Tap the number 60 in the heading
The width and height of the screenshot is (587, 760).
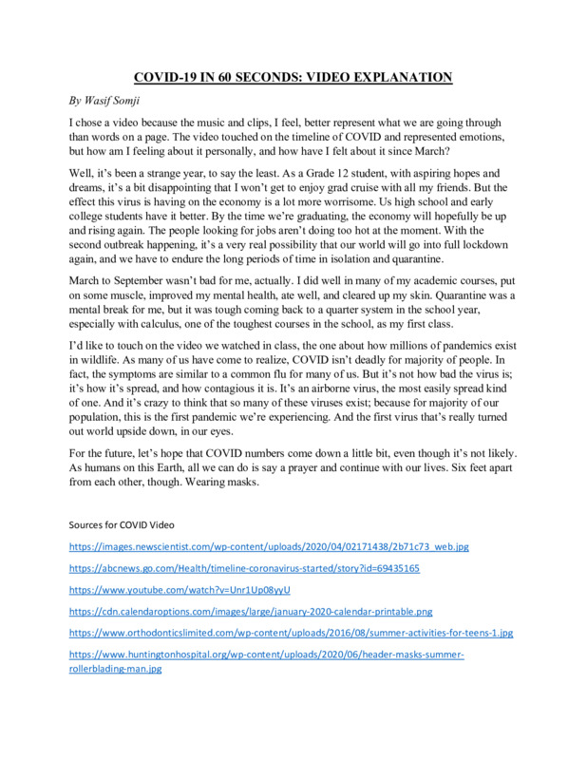pos(249,77)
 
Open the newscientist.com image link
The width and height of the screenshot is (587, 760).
pos(269,547)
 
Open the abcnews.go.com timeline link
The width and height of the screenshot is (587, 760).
pos(245,568)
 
